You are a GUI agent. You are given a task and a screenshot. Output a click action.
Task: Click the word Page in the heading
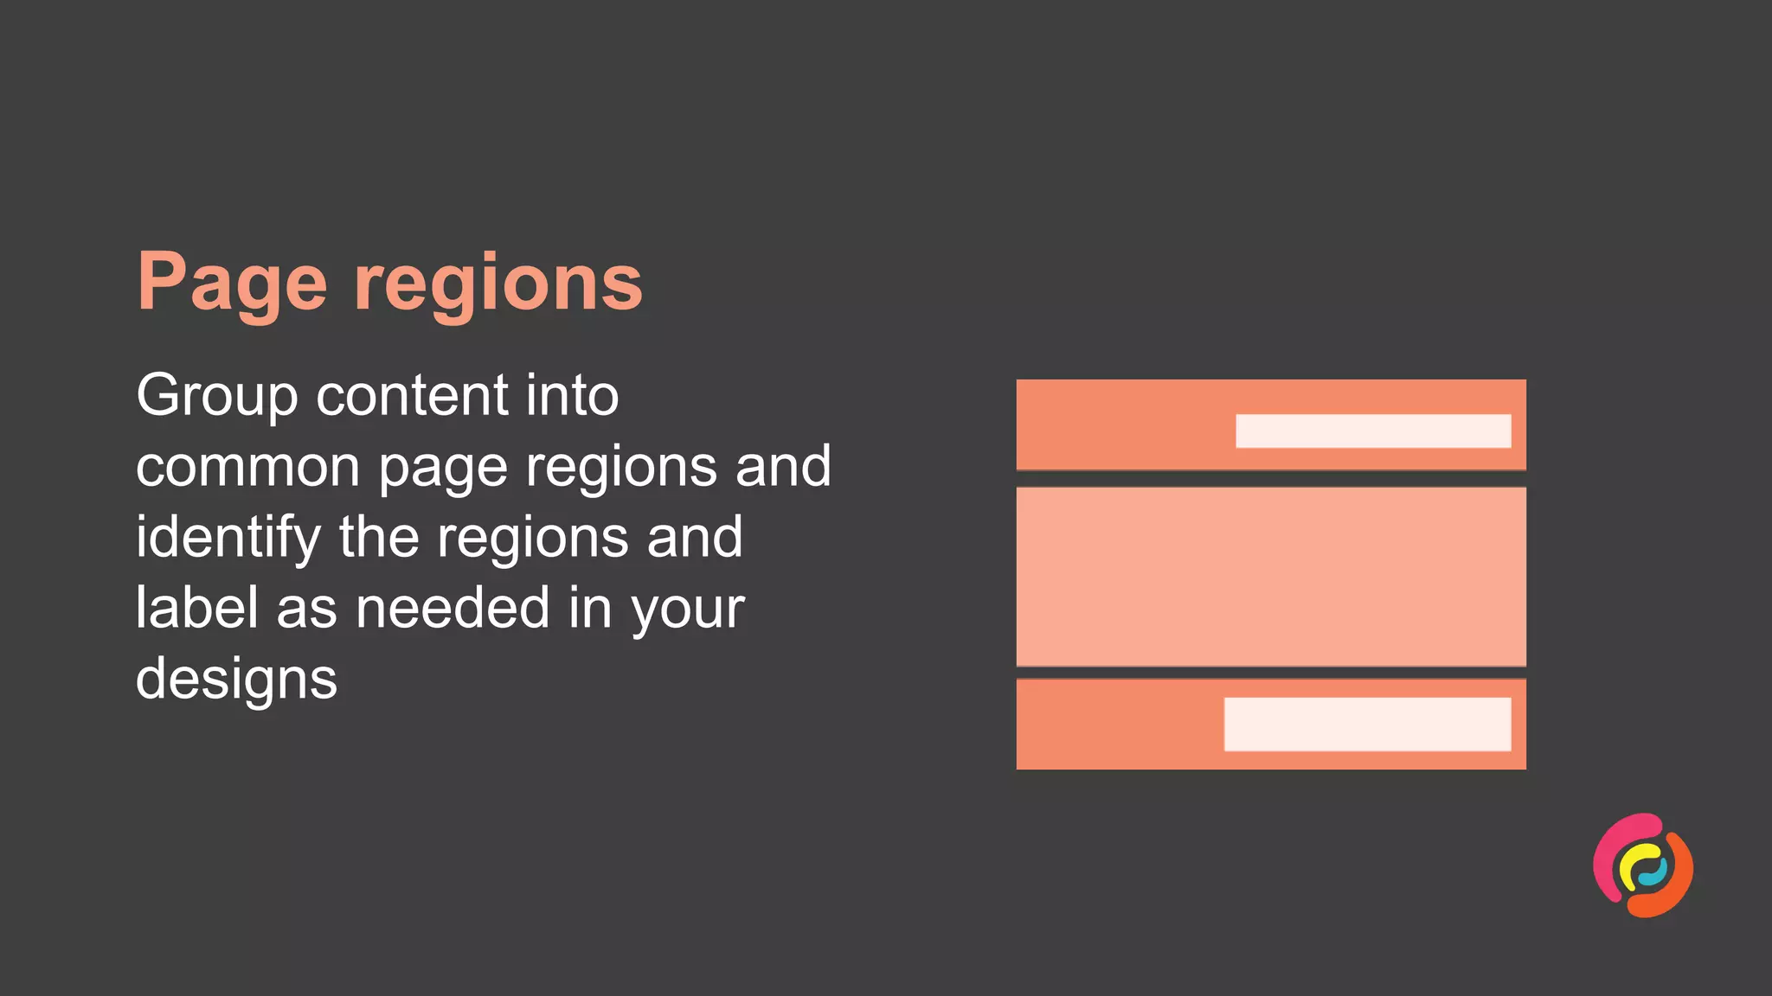point(232,284)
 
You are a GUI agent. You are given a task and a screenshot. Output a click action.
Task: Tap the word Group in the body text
point(217,396)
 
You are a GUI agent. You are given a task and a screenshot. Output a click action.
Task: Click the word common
point(247,467)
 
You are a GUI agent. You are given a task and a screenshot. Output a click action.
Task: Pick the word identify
point(228,538)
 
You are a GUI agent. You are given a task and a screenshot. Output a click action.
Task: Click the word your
point(688,610)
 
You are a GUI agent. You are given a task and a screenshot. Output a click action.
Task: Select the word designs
point(236,680)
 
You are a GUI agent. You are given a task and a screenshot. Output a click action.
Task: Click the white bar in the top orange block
point(1373,431)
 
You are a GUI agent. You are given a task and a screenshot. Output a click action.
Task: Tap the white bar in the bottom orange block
point(1367,725)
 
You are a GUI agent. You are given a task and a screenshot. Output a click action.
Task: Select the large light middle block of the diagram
point(1270,577)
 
